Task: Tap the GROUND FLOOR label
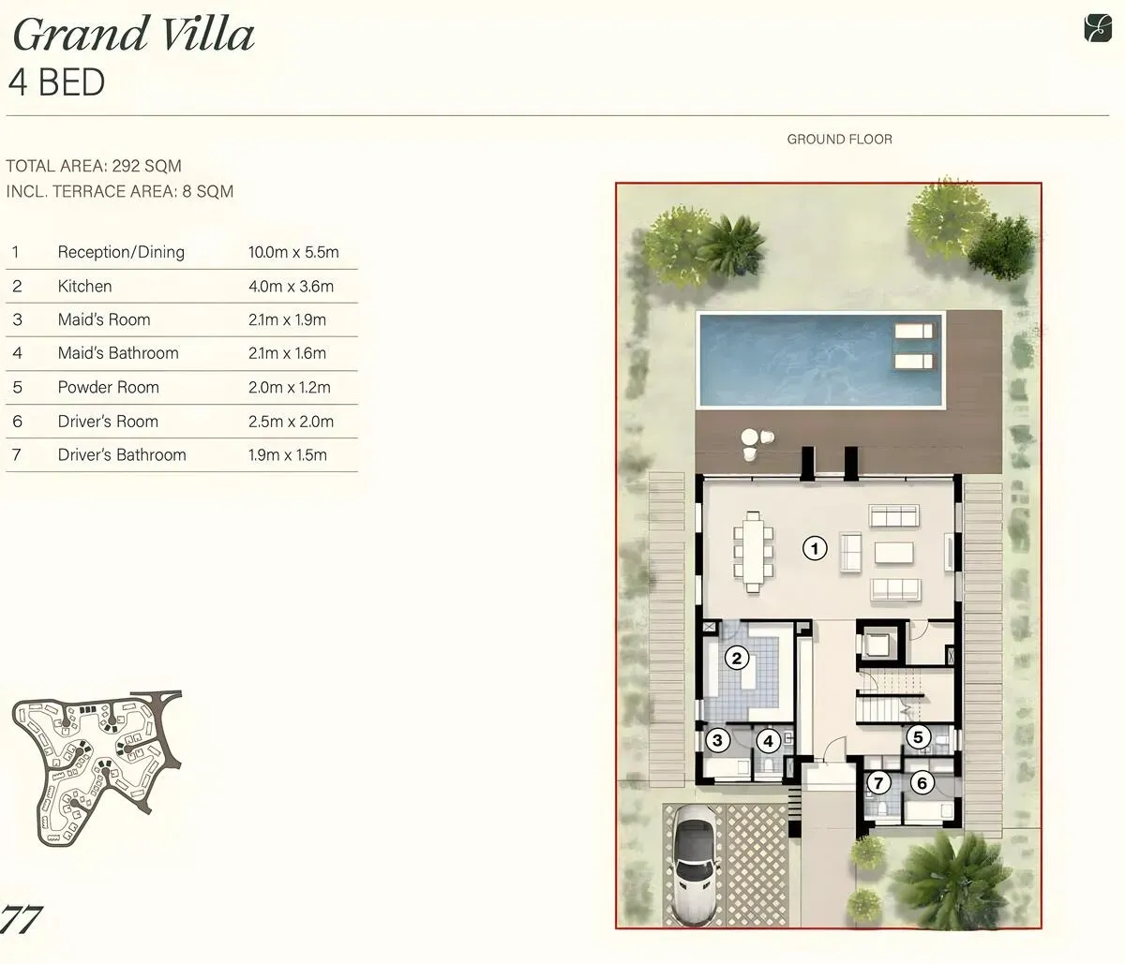(x=839, y=140)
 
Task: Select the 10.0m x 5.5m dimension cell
(x=293, y=252)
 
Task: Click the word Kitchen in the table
(x=85, y=286)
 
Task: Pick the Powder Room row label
(x=109, y=387)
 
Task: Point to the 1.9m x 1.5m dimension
(x=288, y=454)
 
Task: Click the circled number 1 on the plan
(x=815, y=548)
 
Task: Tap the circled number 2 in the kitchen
(x=737, y=659)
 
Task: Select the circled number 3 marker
(x=717, y=740)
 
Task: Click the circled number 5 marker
(x=918, y=737)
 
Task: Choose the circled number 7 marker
(x=877, y=783)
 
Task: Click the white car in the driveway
(x=694, y=866)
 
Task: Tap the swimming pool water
(x=820, y=360)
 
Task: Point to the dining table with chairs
(x=753, y=552)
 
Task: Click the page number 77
(x=21, y=919)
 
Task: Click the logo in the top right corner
(x=1097, y=28)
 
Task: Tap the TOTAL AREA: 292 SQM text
(x=94, y=166)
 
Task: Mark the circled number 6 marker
(x=922, y=783)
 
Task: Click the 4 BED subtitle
(x=56, y=82)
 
